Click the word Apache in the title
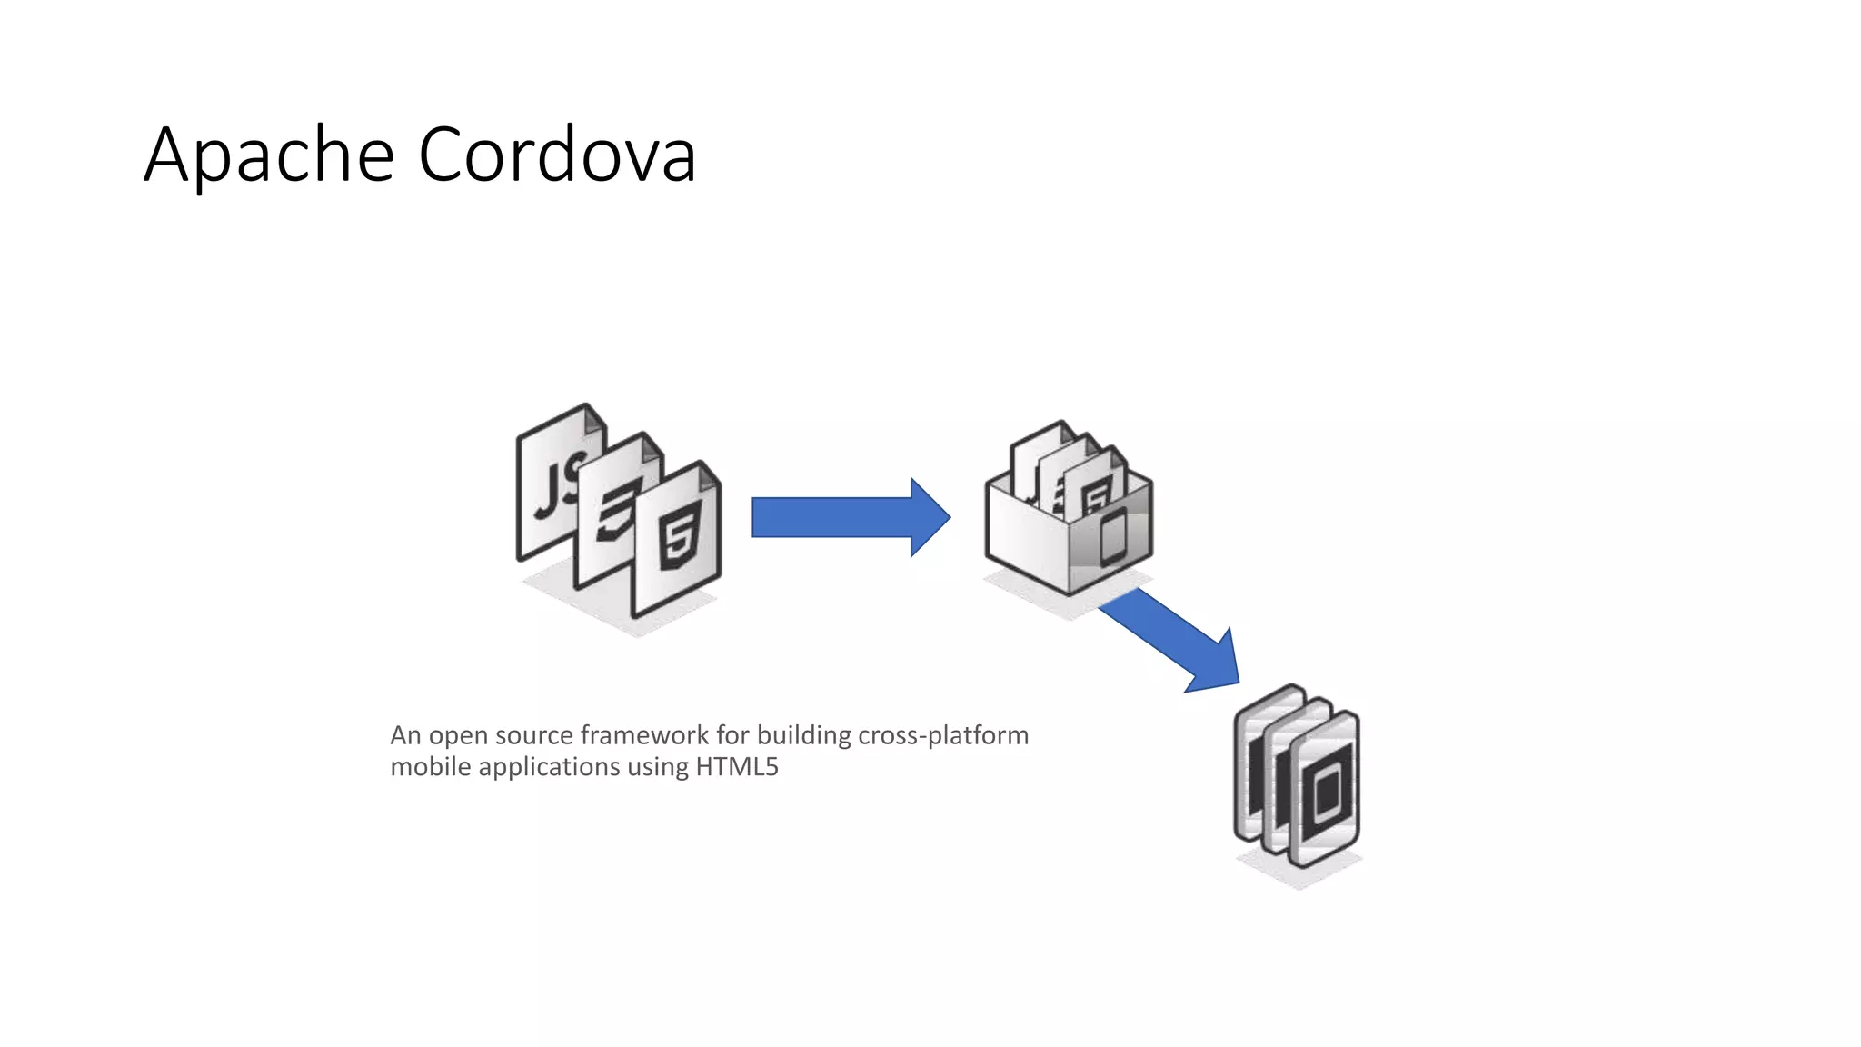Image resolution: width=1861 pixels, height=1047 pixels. [269, 155]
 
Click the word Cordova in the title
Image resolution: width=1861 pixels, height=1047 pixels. [556, 154]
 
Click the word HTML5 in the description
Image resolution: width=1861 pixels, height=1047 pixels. [737, 767]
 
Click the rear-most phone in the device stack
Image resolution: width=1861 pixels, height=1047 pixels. [1259, 763]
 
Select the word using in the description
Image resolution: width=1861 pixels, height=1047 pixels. [657, 767]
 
